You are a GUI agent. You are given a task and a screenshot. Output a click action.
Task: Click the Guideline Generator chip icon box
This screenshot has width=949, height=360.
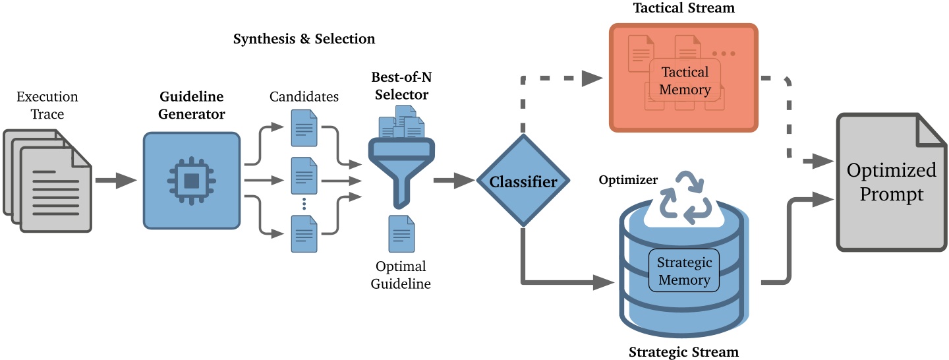191,180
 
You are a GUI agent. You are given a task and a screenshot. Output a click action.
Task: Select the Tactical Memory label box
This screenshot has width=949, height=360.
685,80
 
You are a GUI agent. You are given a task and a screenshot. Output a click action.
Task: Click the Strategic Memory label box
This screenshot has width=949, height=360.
684,271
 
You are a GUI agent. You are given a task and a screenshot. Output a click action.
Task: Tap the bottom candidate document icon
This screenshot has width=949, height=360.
304,234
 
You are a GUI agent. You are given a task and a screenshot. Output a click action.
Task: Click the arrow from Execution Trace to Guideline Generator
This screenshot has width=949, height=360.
115,180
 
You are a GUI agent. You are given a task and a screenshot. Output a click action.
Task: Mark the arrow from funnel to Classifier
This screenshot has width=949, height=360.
454,180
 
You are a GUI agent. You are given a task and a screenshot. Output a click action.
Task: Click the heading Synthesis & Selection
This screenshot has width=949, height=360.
304,39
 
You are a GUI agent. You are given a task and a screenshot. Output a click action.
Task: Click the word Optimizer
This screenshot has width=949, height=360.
627,180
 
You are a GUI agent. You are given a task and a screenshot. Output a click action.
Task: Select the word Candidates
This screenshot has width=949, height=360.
304,97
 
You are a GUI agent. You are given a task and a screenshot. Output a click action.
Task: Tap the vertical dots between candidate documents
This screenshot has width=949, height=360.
304,203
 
